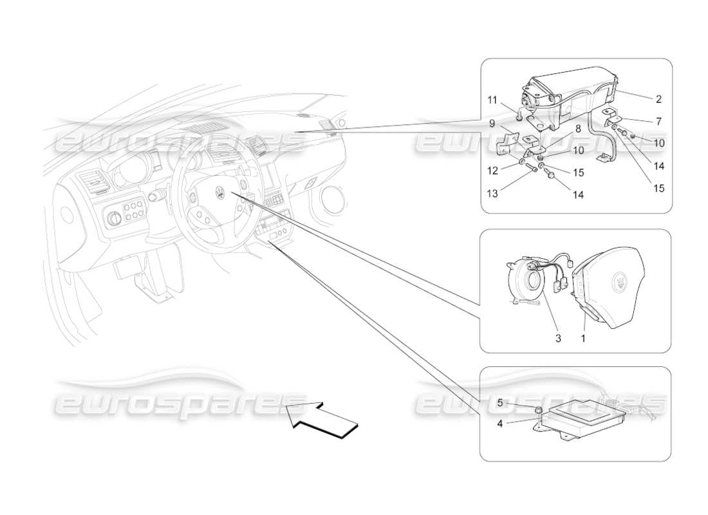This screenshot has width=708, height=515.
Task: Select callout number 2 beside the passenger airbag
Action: click(x=658, y=100)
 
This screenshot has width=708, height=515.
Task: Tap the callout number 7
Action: click(x=658, y=121)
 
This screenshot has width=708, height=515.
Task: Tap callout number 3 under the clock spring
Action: click(x=558, y=337)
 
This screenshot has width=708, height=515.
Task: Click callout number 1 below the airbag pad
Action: click(x=584, y=337)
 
